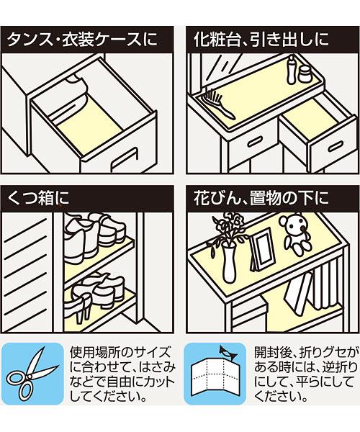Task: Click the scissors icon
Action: click(x=32, y=374)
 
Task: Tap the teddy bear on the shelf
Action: click(x=294, y=233)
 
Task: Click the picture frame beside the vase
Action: click(x=263, y=250)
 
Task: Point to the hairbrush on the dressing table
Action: click(x=217, y=104)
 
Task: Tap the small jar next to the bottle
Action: click(x=305, y=75)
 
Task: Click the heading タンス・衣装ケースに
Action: click(x=82, y=40)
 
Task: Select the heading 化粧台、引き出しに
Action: click(x=261, y=40)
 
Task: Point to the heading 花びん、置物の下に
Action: click(x=261, y=199)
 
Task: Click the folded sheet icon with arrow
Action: click(x=215, y=373)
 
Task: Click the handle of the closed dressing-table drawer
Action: click(x=255, y=142)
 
